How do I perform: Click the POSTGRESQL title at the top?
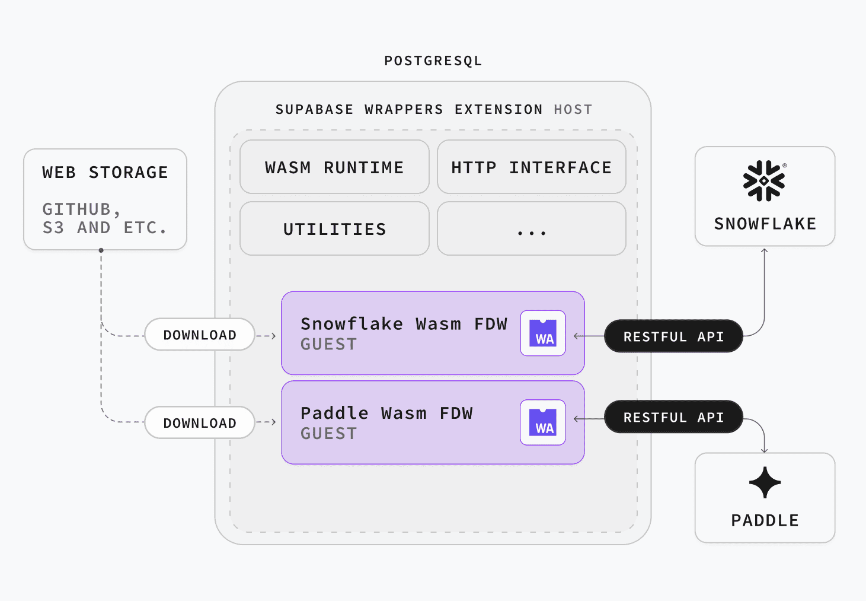pyautogui.click(x=433, y=61)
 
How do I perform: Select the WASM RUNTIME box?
pyautogui.click(x=334, y=167)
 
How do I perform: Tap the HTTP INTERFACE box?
pyautogui.click(x=532, y=167)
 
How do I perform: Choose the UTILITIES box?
pyautogui.click(x=334, y=228)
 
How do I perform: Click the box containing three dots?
pyautogui.click(x=532, y=228)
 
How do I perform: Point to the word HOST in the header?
pyautogui.click(x=573, y=110)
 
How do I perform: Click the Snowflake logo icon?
pyautogui.click(x=764, y=181)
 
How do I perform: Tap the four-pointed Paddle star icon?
pyautogui.click(x=765, y=482)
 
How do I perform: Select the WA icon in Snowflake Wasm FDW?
pyautogui.click(x=543, y=333)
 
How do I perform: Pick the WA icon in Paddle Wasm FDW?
pyautogui.click(x=543, y=422)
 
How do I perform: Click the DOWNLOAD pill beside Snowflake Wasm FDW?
pyautogui.click(x=200, y=335)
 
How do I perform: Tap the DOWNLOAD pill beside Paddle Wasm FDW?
pyautogui.click(x=200, y=422)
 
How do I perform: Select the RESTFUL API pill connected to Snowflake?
pyautogui.click(x=673, y=336)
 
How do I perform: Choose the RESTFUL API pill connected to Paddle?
pyautogui.click(x=673, y=417)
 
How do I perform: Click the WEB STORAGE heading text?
pyautogui.click(x=105, y=172)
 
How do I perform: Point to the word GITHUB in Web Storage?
pyautogui.click(x=76, y=209)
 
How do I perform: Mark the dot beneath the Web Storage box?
pyautogui.click(x=101, y=250)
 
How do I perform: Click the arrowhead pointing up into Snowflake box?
pyautogui.click(x=764, y=251)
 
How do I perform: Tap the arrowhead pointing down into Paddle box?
pyautogui.click(x=764, y=450)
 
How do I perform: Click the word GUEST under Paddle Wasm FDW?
pyautogui.click(x=328, y=434)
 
